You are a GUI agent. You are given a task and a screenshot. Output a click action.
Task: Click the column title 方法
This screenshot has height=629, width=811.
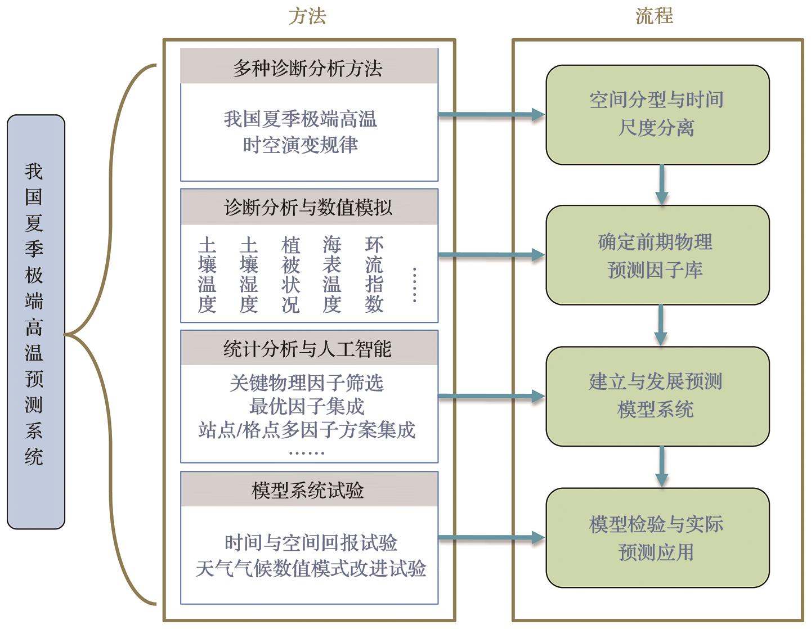tap(307, 16)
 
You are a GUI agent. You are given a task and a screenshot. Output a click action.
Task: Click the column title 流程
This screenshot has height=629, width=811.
tap(655, 16)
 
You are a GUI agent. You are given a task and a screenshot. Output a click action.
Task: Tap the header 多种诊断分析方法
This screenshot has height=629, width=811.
tap(308, 68)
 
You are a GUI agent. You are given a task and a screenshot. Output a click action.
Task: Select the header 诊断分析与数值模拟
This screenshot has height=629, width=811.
tap(308, 207)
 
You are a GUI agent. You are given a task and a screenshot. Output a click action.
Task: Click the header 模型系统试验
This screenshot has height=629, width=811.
tap(308, 490)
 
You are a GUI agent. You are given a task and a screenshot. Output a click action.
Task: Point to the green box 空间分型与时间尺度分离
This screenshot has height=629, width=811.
tap(657, 115)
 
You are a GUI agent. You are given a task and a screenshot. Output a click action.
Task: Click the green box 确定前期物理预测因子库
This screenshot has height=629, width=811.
tap(657, 255)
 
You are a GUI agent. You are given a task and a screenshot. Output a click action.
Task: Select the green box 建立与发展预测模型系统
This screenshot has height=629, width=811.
tap(657, 396)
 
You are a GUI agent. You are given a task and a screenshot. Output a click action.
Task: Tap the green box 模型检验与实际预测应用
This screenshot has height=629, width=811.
tap(657, 538)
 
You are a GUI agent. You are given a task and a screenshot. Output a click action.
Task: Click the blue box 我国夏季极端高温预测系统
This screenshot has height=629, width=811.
tap(35, 322)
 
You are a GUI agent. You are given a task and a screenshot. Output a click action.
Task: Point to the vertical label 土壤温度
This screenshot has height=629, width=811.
tap(207, 275)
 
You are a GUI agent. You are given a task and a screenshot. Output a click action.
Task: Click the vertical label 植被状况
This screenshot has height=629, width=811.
tap(290, 275)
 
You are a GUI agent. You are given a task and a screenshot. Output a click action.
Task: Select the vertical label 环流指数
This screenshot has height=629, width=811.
tap(374, 275)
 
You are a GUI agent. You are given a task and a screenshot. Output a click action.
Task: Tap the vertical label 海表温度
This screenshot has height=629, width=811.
tap(332, 275)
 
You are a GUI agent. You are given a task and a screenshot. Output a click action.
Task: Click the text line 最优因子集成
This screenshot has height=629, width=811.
tap(307, 406)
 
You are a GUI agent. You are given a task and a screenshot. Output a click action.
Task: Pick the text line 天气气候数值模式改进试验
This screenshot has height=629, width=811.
tap(311, 568)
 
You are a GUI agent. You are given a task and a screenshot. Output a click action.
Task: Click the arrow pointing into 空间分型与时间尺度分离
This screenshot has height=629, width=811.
tap(491, 115)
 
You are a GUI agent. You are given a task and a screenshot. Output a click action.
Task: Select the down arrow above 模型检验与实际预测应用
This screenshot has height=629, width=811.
tap(661, 466)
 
